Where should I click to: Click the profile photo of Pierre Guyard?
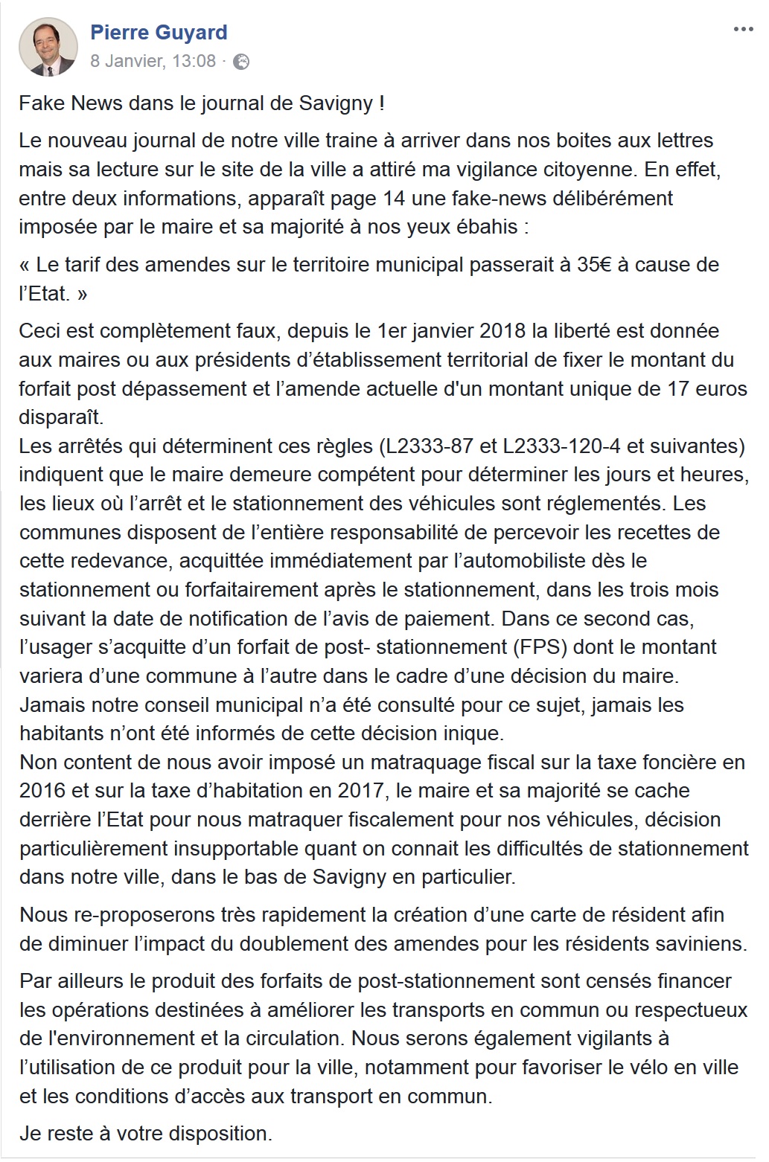click(x=48, y=47)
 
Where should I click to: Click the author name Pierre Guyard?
click(x=159, y=33)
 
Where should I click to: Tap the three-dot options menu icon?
click(x=743, y=30)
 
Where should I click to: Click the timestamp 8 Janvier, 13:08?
click(x=153, y=61)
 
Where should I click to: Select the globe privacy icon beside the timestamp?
click(x=241, y=62)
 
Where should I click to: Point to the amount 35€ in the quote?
click(x=593, y=265)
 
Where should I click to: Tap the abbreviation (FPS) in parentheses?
click(x=539, y=647)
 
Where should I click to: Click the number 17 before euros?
click(x=677, y=388)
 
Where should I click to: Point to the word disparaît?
click(x=61, y=417)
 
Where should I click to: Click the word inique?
click(x=473, y=734)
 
